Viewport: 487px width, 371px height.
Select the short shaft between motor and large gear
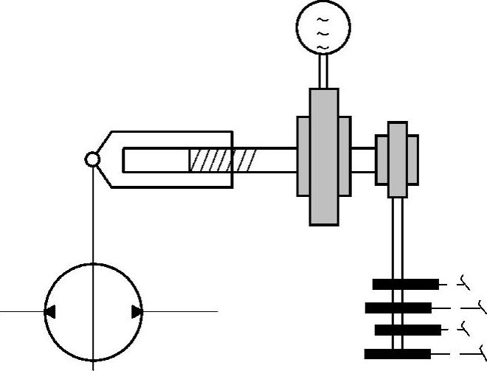click(322, 72)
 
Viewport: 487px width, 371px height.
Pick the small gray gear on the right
click(397, 158)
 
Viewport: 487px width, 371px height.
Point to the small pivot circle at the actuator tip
click(92, 159)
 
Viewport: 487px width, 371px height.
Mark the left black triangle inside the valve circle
click(50, 312)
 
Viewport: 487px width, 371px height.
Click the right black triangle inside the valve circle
click(137, 312)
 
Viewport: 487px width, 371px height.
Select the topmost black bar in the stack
click(405, 284)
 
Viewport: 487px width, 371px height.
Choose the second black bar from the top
click(398, 307)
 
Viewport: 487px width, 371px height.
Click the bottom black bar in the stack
click(398, 353)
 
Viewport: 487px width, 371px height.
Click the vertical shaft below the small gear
click(397, 236)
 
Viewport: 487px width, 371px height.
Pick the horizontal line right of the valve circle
click(181, 312)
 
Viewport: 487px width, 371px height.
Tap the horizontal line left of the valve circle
click(22, 312)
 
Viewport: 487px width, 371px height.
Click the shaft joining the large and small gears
click(363, 157)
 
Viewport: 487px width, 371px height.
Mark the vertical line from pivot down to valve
click(93, 214)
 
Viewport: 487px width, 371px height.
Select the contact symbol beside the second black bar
click(476, 305)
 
